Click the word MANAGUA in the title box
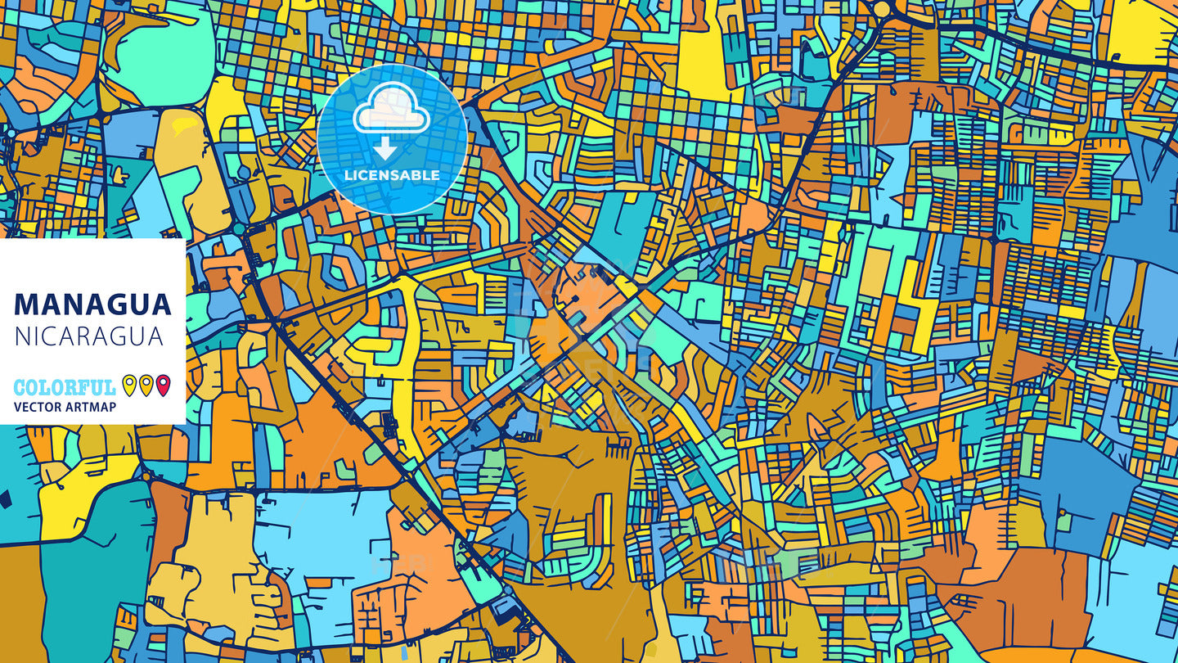point(92,304)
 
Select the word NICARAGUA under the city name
point(88,336)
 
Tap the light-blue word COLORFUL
point(65,387)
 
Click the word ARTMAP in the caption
point(92,407)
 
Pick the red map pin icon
point(163,385)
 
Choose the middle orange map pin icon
point(146,385)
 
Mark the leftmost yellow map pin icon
point(129,385)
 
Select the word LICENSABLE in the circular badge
point(392,175)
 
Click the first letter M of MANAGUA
point(25,304)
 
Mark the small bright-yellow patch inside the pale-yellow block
point(185,125)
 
